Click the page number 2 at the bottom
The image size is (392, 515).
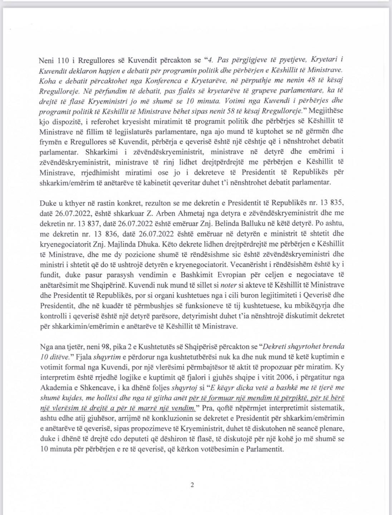192,485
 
